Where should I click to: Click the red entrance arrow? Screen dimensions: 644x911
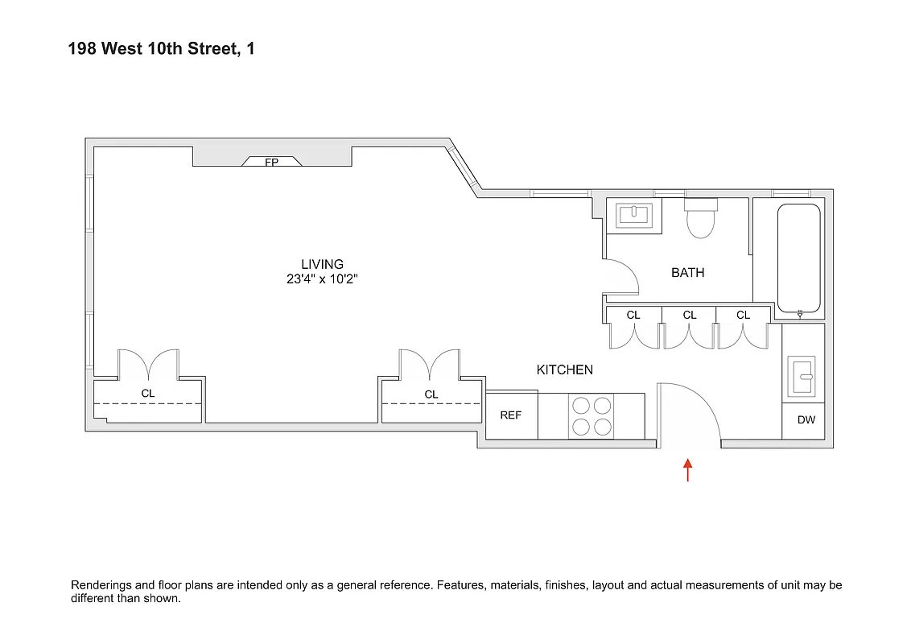[x=687, y=469]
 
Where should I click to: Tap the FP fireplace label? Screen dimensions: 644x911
[x=272, y=163]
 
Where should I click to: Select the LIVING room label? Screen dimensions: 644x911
[x=322, y=264]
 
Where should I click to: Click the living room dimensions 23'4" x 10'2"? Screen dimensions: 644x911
[x=322, y=279]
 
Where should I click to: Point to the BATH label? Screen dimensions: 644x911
[x=687, y=273]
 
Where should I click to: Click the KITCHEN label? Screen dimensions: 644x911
[x=564, y=369]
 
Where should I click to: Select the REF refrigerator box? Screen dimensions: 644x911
[x=511, y=415]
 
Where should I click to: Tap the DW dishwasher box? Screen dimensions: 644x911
[x=806, y=420]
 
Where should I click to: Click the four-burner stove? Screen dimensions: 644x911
[x=591, y=416]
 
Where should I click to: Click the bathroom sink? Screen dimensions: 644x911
[x=634, y=216]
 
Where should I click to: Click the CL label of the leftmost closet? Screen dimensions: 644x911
[x=148, y=394]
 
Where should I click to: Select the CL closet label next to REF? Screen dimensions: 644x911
[x=431, y=394]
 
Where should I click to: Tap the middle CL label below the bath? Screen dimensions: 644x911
[x=690, y=315]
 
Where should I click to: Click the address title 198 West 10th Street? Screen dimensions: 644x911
[x=161, y=50]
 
